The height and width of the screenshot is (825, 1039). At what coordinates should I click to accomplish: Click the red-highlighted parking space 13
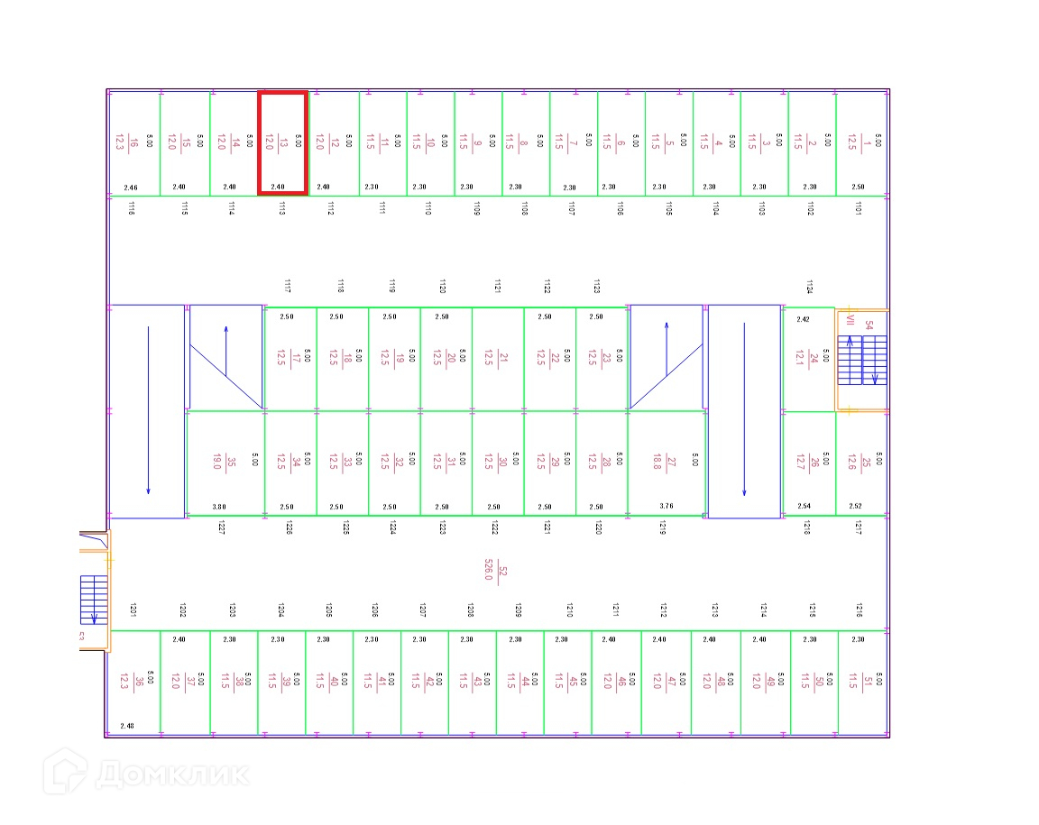coord(282,142)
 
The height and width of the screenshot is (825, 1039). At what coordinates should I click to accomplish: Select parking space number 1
coord(860,142)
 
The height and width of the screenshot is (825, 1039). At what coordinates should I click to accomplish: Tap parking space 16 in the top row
coord(133,142)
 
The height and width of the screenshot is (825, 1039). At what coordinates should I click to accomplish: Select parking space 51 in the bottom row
coord(862,682)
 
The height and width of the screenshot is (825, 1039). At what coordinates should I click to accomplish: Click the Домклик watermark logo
coord(150,775)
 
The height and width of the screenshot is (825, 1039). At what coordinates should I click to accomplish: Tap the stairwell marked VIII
coord(861,359)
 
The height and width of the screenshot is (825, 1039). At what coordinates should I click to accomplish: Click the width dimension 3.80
coord(219,507)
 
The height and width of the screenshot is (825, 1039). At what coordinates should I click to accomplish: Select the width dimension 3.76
coord(667,507)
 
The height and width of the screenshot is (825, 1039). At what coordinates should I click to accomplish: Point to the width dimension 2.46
coord(131,188)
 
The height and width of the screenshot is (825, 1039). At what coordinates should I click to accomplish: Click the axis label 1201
coord(132,610)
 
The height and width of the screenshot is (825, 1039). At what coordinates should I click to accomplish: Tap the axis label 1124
coord(809,287)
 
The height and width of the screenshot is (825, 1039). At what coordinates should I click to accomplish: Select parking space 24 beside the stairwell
coord(808,359)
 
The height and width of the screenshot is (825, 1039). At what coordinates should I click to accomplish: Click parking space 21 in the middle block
coord(497,358)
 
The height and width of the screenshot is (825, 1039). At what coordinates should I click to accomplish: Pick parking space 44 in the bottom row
coord(519,682)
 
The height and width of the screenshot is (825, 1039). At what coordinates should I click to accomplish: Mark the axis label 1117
coord(287,287)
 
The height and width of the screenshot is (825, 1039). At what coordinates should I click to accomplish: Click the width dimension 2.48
coord(127,726)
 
